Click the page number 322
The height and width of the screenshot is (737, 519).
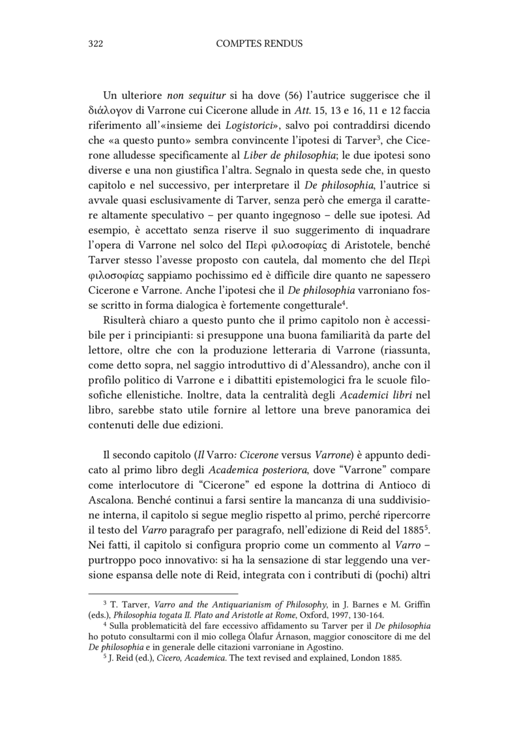(x=96, y=44)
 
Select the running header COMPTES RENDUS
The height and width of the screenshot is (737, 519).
(x=259, y=44)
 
